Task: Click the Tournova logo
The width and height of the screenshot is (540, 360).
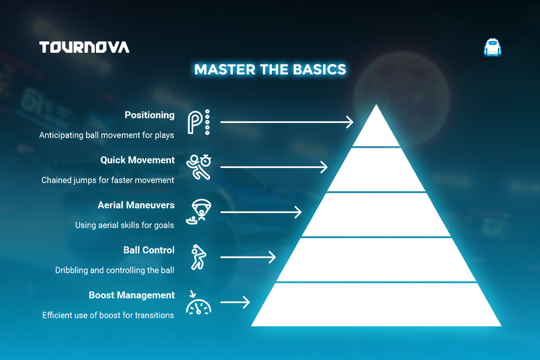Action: click(x=84, y=47)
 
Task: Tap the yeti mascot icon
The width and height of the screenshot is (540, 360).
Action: click(x=492, y=47)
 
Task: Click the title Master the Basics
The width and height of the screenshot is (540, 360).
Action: click(x=270, y=69)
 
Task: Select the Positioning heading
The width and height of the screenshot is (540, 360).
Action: click(x=149, y=115)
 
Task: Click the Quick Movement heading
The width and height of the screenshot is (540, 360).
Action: click(x=137, y=160)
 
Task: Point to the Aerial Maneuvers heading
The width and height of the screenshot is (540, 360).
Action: click(x=136, y=205)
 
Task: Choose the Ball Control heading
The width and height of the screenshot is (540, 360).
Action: click(x=149, y=250)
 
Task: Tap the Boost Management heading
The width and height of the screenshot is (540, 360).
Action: click(x=131, y=295)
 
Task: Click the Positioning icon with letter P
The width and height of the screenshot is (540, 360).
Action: click(x=199, y=122)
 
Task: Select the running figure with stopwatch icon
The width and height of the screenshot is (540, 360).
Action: click(x=199, y=167)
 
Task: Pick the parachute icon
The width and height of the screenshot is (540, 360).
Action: click(x=199, y=212)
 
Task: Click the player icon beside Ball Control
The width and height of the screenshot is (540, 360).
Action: click(x=199, y=257)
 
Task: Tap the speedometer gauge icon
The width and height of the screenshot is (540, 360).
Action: click(x=199, y=303)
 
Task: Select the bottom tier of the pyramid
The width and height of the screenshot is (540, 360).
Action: click(x=376, y=305)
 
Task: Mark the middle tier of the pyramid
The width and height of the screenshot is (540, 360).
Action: click(x=376, y=215)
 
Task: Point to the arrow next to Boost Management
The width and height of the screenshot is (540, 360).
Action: click(x=235, y=302)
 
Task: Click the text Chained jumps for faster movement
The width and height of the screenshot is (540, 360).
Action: click(x=108, y=180)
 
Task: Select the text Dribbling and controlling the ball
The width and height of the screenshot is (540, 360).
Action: click(x=115, y=270)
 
